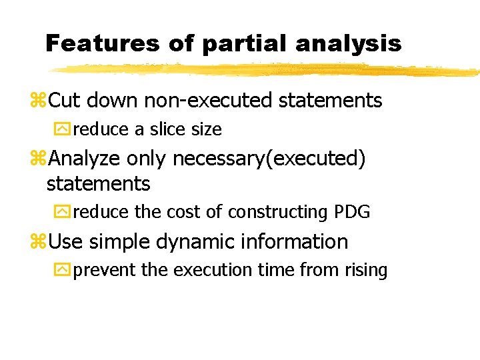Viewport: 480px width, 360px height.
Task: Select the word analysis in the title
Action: coord(349,43)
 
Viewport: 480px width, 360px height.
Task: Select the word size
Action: coord(206,129)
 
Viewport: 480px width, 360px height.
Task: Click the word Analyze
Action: coord(85,159)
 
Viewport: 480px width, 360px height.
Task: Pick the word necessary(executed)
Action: coord(269,159)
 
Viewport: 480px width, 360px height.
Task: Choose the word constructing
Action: coord(280,212)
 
